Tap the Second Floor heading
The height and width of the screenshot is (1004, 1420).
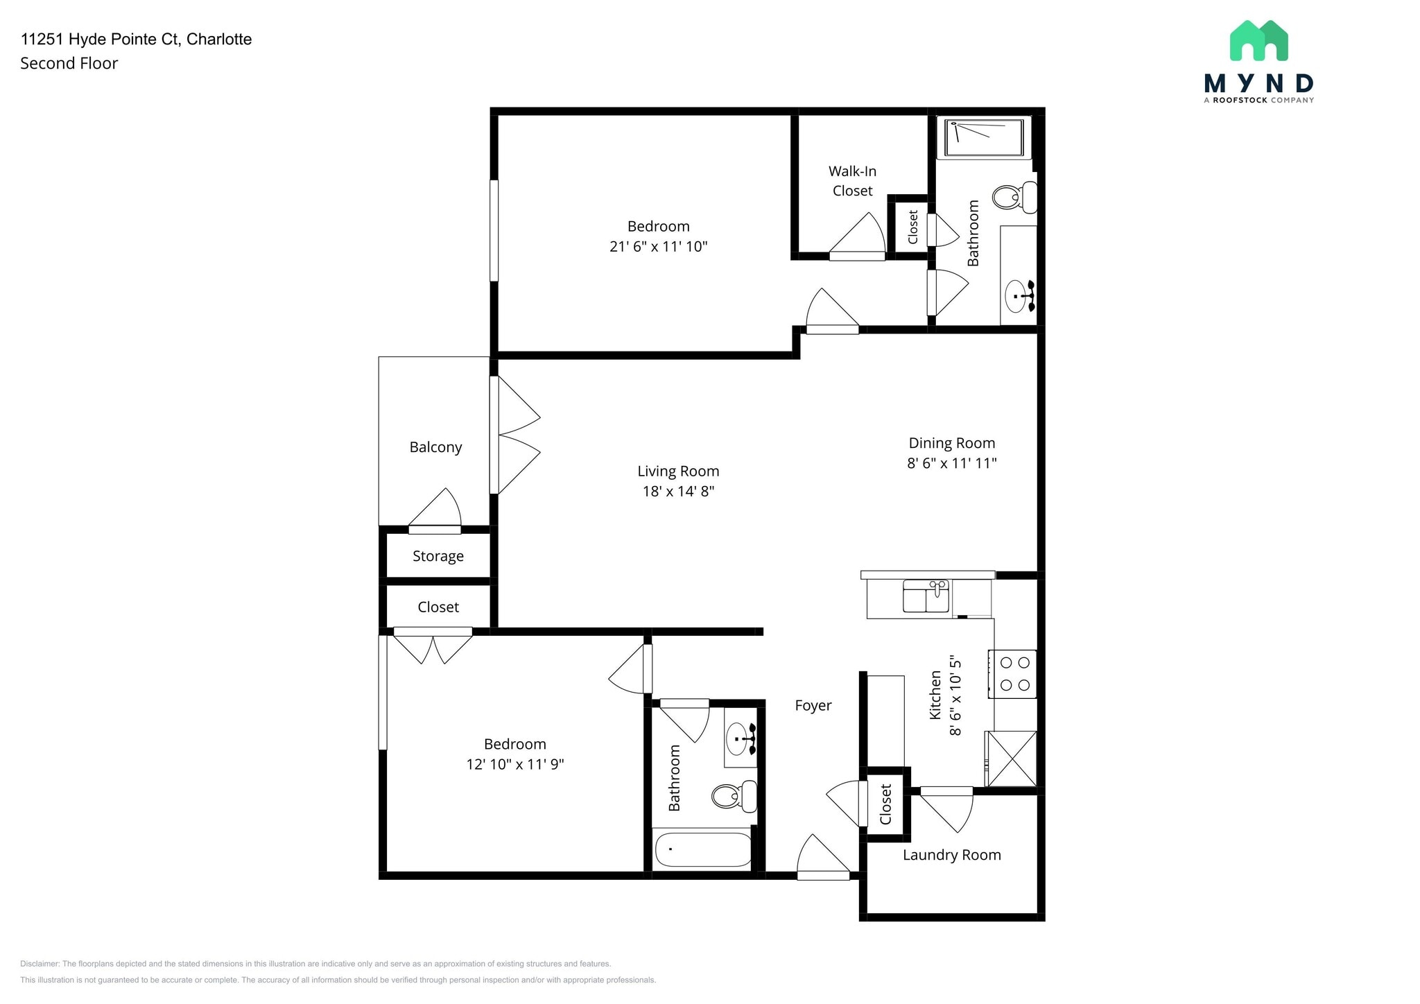(x=69, y=63)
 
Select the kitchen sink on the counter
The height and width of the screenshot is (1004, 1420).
(x=926, y=597)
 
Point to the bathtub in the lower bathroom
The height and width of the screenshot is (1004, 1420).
(x=703, y=849)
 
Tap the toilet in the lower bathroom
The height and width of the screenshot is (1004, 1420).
(x=734, y=797)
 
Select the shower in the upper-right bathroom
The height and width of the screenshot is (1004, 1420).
(x=984, y=138)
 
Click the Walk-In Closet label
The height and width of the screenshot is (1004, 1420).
(x=852, y=181)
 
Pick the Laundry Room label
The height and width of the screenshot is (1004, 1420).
(x=951, y=855)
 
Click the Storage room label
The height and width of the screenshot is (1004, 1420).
(x=438, y=556)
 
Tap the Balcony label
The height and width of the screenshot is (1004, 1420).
(x=435, y=447)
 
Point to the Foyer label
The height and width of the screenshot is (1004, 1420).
(x=813, y=706)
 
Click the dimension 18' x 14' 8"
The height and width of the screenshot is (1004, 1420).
(x=678, y=492)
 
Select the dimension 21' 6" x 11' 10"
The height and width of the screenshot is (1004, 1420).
(x=658, y=246)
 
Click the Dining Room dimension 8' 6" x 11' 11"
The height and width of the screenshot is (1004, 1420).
(x=951, y=463)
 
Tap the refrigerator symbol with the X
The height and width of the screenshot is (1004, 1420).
(x=1012, y=759)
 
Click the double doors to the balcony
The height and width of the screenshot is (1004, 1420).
(x=514, y=435)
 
